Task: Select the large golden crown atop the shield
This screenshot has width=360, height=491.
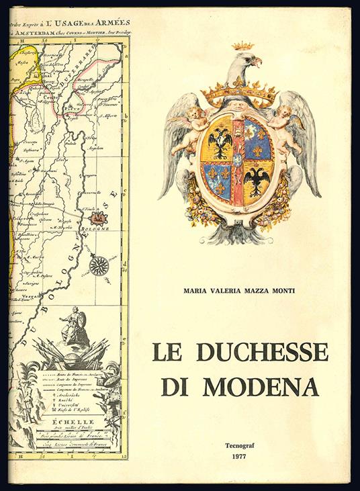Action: (x=239, y=94)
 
